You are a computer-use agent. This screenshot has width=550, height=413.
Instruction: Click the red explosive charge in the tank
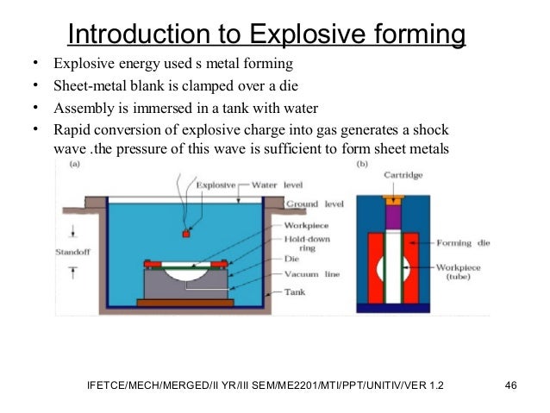click(185, 233)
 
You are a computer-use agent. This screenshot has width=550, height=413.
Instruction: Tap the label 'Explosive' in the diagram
click(222, 185)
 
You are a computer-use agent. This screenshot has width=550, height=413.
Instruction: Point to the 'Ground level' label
click(312, 204)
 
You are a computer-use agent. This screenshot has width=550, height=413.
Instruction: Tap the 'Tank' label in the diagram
click(295, 292)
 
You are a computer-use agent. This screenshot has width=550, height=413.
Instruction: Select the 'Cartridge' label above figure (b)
click(403, 174)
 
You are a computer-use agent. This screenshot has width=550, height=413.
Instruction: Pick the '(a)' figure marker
click(76, 162)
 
